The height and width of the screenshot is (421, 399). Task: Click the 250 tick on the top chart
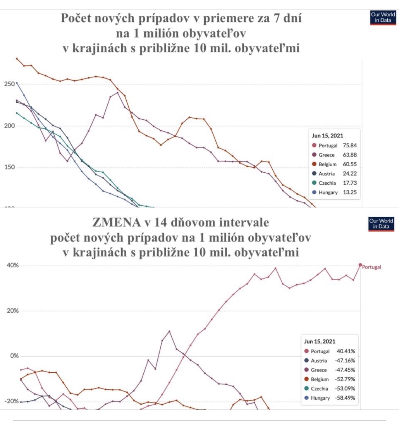(10, 84)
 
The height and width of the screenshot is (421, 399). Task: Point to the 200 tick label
(10, 126)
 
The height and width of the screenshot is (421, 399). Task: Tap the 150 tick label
(10, 167)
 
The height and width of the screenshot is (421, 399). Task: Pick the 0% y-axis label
(14, 356)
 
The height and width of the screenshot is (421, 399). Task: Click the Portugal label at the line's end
(371, 267)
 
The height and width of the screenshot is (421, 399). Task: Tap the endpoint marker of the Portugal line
(360, 265)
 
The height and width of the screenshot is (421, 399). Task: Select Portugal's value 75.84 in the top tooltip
(350, 145)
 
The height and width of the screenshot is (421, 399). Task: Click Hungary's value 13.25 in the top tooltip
(350, 192)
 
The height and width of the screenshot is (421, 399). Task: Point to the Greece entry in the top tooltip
(326, 155)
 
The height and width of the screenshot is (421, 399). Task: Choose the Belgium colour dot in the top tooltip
(314, 164)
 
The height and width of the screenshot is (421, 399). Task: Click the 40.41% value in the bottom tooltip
(346, 351)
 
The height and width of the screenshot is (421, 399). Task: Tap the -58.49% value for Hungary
(345, 398)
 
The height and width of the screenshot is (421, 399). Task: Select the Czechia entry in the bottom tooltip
(319, 389)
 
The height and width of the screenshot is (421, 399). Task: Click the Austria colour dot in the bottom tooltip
(306, 361)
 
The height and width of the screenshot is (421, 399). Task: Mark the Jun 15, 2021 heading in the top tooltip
(327, 136)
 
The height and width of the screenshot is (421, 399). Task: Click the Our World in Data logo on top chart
(383, 18)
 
